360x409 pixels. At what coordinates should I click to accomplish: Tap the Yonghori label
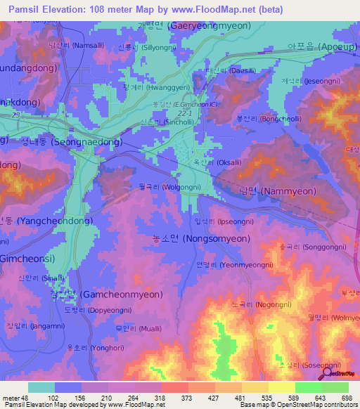[89, 346]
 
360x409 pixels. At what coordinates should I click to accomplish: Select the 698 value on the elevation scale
[347, 397]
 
